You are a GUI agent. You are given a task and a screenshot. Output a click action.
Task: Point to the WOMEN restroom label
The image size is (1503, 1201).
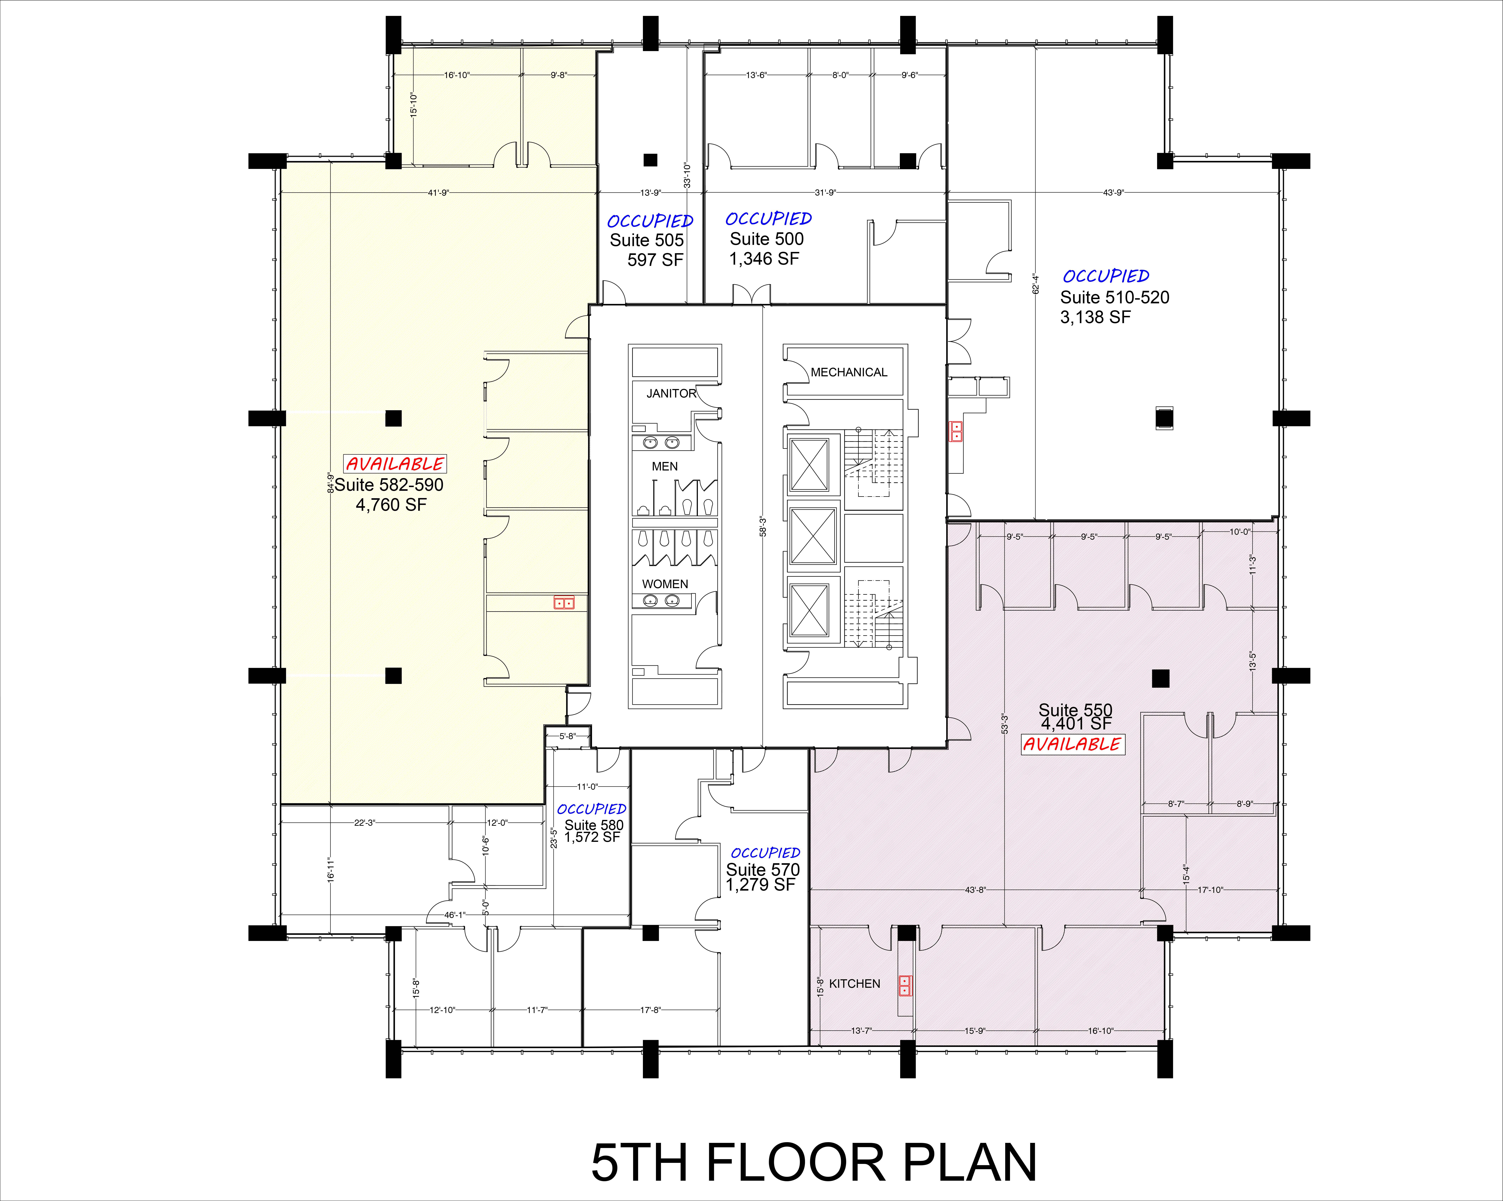click(665, 584)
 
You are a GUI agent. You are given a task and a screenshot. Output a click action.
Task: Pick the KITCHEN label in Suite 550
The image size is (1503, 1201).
click(855, 983)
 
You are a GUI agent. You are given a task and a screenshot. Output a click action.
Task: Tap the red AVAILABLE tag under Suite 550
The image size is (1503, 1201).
click(1072, 744)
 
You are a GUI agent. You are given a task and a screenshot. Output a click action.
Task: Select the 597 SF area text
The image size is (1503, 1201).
click(655, 260)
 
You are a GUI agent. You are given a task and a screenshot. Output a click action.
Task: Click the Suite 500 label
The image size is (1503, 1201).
click(767, 239)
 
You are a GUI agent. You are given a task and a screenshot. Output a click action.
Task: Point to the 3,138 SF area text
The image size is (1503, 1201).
click(1095, 317)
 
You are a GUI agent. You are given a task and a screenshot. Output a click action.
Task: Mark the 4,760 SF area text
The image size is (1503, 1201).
click(391, 505)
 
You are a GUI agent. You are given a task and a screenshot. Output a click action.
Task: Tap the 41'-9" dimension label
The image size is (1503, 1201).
click(438, 193)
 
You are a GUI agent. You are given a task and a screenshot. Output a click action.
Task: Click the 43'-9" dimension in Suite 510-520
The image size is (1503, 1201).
click(1113, 193)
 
